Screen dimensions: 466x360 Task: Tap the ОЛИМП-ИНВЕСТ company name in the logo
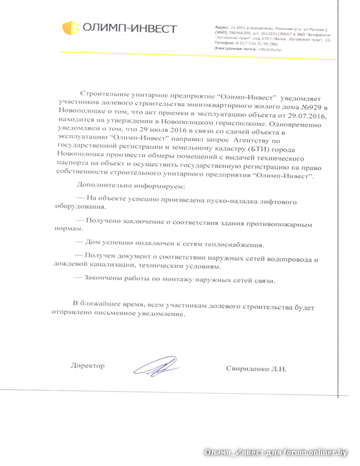(129, 27)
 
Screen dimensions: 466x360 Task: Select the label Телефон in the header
(225, 44)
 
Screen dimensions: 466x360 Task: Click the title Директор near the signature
(87, 366)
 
